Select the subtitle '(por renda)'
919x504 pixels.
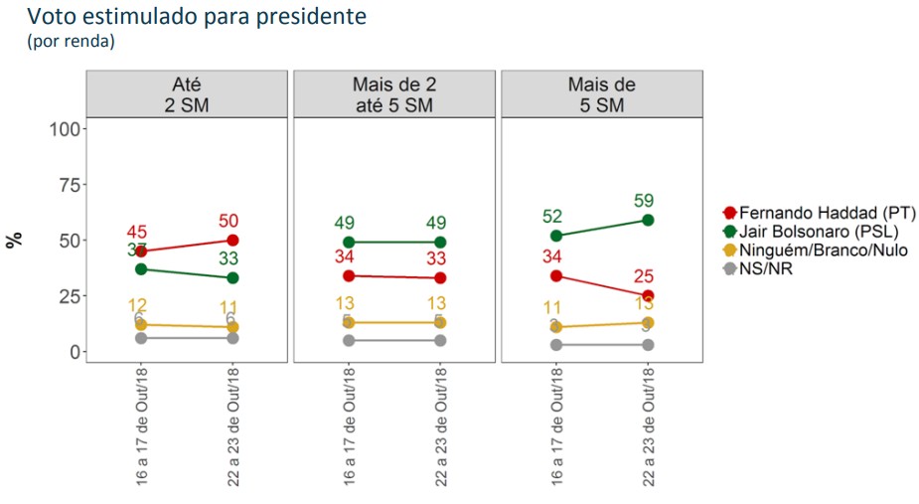pyautogui.click(x=71, y=41)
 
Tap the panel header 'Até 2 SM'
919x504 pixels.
pyautogui.click(x=186, y=93)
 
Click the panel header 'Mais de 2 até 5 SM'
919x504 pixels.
pyautogui.click(x=394, y=93)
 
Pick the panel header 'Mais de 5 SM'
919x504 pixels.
pyautogui.click(x=602, y=93)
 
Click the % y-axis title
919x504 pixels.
pyautogui.click(x=15, y=241)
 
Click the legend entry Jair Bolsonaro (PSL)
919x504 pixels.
pyautogui.click(x=819, y=232)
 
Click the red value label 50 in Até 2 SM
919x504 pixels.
pyautogui.click(x=230, y=221)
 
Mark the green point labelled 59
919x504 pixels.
pyautogui.click(x=648, y=220)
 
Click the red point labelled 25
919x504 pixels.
pyautogui.click(x=648, y=295)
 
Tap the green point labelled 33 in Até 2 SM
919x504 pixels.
pyautogui.click(x=230, y=277)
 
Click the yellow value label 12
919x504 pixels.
pyautogui.click(x=140, y=305)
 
